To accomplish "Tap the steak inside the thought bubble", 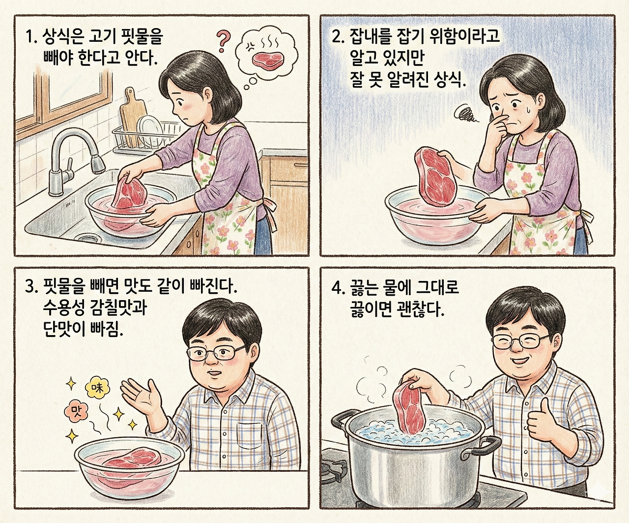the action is point(268,60).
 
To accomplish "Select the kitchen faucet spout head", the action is point(98,163).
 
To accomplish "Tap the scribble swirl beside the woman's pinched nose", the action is point(466,115).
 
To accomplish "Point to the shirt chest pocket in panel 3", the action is point(250,434).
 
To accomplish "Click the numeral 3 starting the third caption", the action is point(29,287).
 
